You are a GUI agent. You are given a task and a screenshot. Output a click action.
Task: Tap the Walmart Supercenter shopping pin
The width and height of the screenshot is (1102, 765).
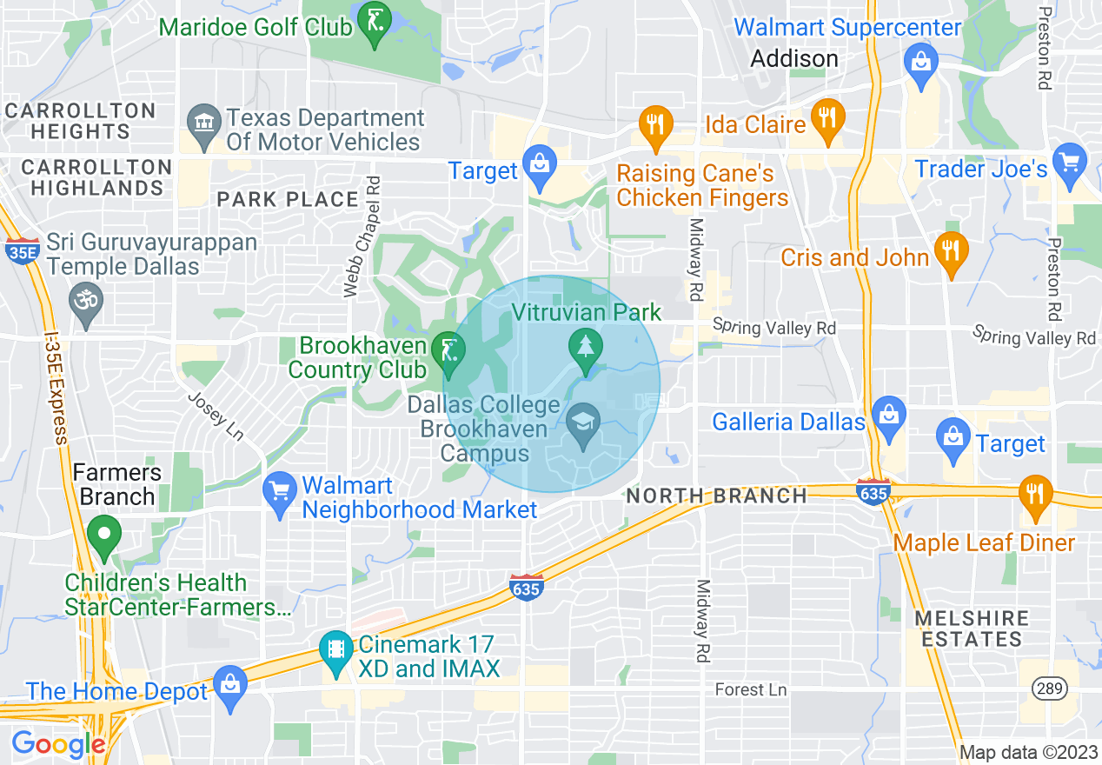click(919, 63)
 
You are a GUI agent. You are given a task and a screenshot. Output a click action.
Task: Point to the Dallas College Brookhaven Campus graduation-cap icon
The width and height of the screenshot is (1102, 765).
click(581, 423)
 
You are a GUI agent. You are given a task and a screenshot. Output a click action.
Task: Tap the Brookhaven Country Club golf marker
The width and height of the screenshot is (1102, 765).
click(448, 351)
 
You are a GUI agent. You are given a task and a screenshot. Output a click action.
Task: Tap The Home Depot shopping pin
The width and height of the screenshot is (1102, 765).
click(230, 684)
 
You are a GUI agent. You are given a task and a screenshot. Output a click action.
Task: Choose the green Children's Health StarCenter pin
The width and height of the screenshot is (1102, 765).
click(103, 534)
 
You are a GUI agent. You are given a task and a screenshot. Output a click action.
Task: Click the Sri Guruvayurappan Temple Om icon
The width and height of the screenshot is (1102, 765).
click(85, 301)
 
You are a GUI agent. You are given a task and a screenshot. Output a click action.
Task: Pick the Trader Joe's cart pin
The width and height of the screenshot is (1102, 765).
click(1069, 162)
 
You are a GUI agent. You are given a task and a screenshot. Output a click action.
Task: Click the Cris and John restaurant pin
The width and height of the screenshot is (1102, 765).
click(951, 250)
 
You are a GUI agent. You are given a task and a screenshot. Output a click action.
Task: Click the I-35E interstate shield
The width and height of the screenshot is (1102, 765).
click(25, 251)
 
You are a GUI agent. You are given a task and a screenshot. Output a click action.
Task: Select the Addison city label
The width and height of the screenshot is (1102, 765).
click(794, 58)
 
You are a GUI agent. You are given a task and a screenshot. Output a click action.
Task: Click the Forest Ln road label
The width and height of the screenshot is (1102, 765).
click(751, 689)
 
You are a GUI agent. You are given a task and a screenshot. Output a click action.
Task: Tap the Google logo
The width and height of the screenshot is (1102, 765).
click(57, 744)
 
